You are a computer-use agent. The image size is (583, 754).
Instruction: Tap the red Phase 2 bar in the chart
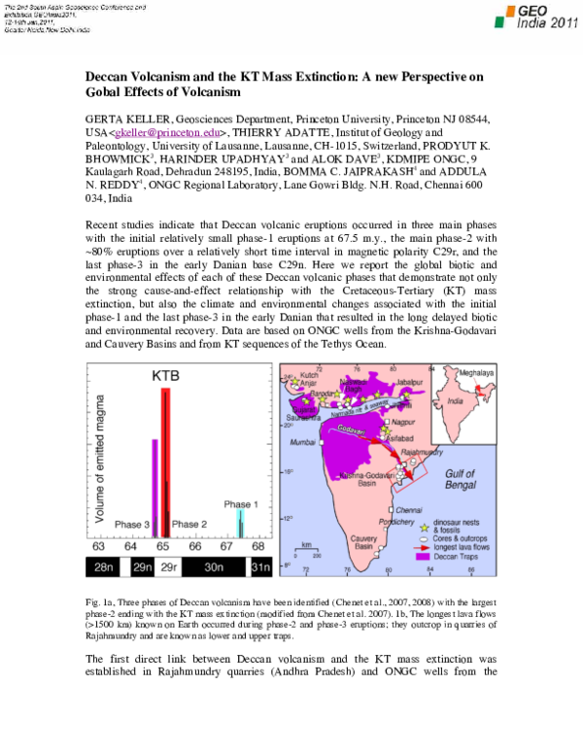tap(165, 457)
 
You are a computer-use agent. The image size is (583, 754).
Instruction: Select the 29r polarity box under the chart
tap(169, 566)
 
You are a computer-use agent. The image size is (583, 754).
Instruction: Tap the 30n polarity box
tap(215, 566)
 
